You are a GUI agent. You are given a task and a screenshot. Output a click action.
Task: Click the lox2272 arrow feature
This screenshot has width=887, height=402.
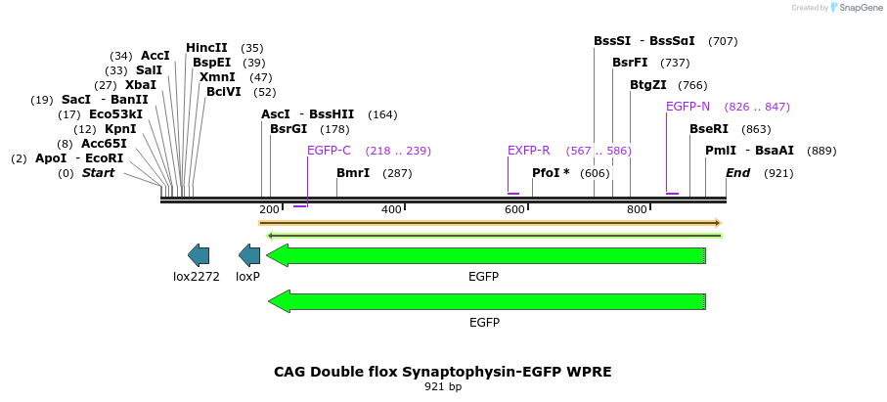coord(199,255)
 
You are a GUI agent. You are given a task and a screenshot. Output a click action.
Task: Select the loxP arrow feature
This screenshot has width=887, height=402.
coord(249,255)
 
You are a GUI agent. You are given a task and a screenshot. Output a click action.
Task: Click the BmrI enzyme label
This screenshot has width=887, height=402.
coord(353,173)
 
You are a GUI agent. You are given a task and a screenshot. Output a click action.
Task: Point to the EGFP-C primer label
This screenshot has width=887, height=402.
coord(329,151)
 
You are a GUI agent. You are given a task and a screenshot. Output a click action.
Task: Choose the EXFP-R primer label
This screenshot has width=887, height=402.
coord(528,151)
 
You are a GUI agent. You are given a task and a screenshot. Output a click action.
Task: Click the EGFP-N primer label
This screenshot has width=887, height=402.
coord(687,107)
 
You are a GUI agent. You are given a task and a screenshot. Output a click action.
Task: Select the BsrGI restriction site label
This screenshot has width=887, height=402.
coord(288,129)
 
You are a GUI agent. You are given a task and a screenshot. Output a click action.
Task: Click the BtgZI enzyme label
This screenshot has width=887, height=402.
coord(648,85)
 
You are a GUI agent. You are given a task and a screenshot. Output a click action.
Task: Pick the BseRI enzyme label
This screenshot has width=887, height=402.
coord(709,129)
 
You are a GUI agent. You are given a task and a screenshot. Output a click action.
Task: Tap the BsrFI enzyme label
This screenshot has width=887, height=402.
coord(631,63)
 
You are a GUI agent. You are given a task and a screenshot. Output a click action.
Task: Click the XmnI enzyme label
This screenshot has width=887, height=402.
coord(216,77)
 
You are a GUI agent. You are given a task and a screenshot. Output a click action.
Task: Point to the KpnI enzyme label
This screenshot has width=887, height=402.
coord(120,129)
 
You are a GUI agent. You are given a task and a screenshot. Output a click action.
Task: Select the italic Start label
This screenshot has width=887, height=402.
coord(98,173)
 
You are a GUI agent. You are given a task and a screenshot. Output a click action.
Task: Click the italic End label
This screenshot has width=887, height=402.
coord(738,173)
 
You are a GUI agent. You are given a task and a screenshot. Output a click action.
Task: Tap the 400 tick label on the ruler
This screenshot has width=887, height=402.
coord(391,209)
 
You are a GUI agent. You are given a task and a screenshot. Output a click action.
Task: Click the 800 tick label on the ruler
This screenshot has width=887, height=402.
coord(637,209)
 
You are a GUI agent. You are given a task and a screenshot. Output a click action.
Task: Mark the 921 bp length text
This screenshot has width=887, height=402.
coord(443,387)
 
